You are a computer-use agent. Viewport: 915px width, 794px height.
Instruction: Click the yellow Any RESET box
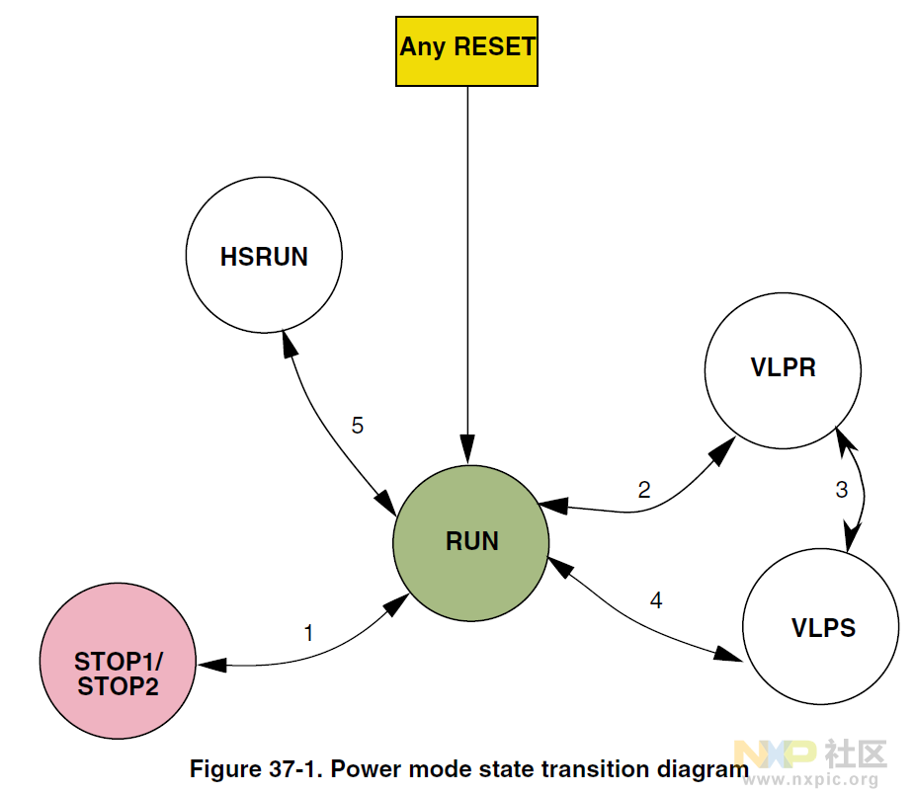coord(466,51)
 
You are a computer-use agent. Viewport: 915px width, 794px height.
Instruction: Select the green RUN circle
coord(471,543)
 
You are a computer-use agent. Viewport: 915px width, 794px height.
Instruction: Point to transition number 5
coord(357,426)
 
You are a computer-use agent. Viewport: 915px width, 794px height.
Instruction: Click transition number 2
coord(644,490)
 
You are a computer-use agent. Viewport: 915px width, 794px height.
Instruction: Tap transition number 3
coord(842,490)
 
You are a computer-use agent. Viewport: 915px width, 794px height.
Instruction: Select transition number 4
coord(656,600)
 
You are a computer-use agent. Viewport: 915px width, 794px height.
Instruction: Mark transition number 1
coord(308,633)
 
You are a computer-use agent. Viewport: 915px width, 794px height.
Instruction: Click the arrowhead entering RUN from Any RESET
coord(467,449)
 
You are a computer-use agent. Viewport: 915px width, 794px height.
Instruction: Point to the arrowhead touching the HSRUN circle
coord(289,344)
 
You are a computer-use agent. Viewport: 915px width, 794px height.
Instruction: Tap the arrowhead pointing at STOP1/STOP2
coord(211,665)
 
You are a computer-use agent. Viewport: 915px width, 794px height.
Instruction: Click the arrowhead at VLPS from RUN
coord(728,654)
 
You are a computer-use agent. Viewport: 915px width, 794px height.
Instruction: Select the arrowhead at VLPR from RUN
coord(722,450)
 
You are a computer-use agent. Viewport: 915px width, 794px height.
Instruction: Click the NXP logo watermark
coord(776,754)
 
